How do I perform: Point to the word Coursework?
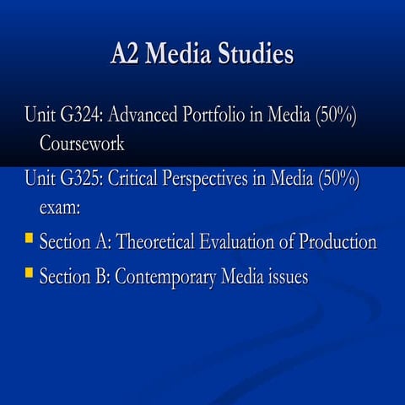82,143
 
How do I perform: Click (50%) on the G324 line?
337,115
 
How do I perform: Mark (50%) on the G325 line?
339,180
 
